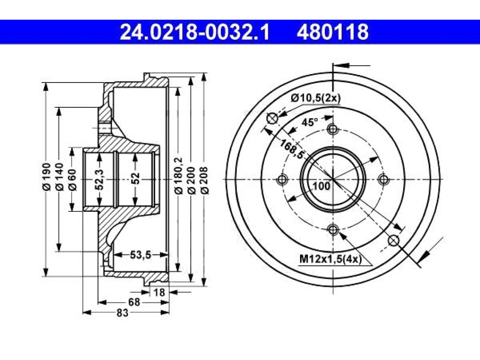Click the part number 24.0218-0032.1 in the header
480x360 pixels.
[x=195, y=32]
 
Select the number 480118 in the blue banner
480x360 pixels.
[x=332, y=32]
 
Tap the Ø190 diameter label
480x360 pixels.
[x=46, y=178]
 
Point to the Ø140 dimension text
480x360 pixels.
[x=59, y=178]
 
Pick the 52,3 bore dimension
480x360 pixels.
[x=99, y=180]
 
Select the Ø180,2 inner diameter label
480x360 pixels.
[x=179, y=176]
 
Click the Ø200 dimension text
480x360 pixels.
[x=191, y=180]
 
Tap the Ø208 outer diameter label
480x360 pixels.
[x=204, y=180]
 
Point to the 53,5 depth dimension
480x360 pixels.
[x=141, y=255]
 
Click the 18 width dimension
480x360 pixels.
[x=159, y=292]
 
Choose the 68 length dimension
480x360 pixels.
[x=134, y=302]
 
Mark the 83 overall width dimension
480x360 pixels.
[x=122, y=313]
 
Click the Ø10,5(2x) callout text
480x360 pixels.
[x=315, y=98]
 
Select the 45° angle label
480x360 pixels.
[x=309, y=122]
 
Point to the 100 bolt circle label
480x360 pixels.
[x=322, y=186]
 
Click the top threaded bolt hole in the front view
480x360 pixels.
[x=333, y=129]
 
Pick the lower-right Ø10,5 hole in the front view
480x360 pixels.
[x=394, y=240]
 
